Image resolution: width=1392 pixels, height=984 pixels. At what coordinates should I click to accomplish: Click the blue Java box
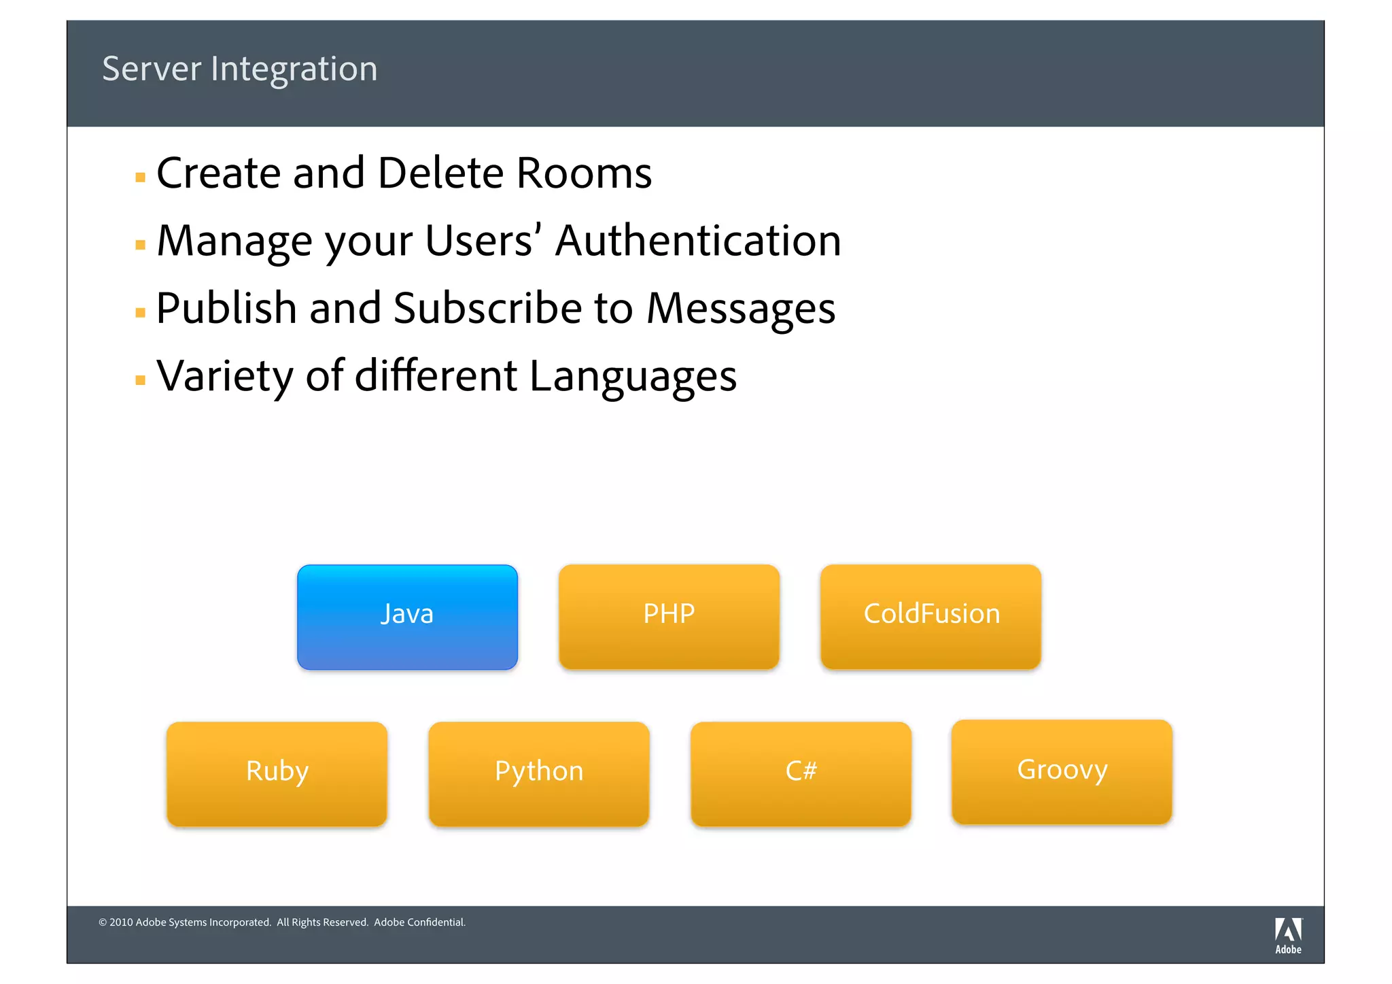click(407, 616)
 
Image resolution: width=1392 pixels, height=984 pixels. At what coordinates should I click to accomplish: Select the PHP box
click(669, 616)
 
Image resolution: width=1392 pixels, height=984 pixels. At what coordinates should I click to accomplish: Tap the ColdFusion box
click(930, 616)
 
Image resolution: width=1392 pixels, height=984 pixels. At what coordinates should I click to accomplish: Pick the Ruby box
click(277, 773)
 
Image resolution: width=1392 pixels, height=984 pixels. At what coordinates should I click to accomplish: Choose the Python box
click(538, 773)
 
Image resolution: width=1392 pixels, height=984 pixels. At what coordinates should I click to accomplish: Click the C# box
click(801, 773)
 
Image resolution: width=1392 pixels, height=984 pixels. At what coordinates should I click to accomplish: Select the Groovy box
click(1062, 771)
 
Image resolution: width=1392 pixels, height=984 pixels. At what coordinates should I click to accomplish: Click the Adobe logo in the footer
click(1287, 935)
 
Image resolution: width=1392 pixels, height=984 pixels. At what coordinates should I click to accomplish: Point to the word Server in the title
click(152, 69)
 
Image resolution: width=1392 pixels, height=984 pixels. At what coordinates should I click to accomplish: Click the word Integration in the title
click(294, 69)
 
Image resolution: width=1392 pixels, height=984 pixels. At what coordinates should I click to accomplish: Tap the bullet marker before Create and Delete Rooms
click(141, 177)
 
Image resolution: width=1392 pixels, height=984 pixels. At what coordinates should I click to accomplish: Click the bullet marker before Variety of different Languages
click(141, 380)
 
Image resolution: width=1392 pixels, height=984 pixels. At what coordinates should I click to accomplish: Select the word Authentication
click(698, 241)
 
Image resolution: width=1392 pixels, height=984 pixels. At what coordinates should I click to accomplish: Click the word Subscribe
click(487, 309)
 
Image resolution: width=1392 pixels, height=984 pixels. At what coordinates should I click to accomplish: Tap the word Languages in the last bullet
click(633, 377)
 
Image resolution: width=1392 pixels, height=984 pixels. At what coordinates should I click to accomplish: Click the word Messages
click(740, 309)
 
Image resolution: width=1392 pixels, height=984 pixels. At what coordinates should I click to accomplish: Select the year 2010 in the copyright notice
click(121, 922)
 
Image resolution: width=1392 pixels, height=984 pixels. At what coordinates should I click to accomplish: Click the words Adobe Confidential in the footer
click(419, 922)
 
